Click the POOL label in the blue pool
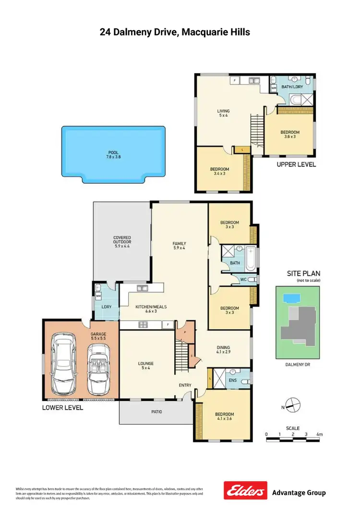[x=113, y=154]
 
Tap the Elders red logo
[x=245, y=492]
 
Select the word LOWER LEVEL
[x=63, y=408]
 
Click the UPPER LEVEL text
[x=296, y=165]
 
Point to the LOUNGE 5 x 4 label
[x=146, y=366]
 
